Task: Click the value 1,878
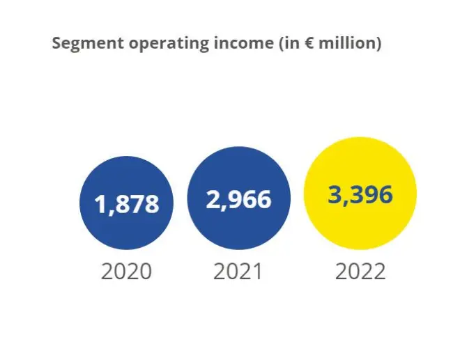127,205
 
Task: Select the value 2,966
238,199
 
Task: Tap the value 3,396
360,194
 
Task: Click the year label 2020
126,271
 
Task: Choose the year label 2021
238,271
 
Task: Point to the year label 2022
360,271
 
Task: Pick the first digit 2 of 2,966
213,199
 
